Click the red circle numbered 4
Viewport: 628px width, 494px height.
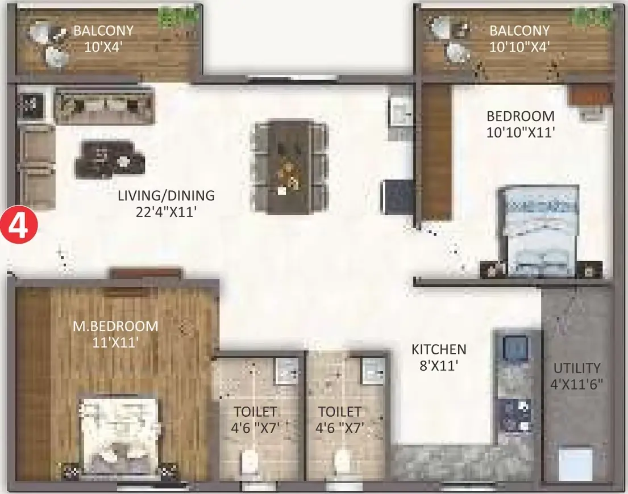(19, 227)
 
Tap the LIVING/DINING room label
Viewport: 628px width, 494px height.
(166, 195)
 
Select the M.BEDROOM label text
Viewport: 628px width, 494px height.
(115, 326)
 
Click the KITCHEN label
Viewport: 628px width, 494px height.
(439, 350)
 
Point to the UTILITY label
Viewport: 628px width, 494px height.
(577, 368)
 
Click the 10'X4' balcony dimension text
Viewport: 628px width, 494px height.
(103, 47)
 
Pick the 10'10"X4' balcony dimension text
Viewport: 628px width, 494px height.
(519, 47)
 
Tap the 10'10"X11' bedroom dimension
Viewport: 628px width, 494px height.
(521, 132)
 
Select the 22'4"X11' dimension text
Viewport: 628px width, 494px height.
(166, 212)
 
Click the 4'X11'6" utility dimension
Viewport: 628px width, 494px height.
(577, 384)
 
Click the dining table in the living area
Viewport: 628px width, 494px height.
(289, 166)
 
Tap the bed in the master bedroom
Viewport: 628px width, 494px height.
(118, 437)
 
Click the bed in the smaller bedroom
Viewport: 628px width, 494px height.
(539, 232)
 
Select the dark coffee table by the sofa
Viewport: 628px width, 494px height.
(109, 159)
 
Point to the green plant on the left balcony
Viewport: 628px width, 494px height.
(177, 16)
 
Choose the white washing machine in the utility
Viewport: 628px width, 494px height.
(576, 463)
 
